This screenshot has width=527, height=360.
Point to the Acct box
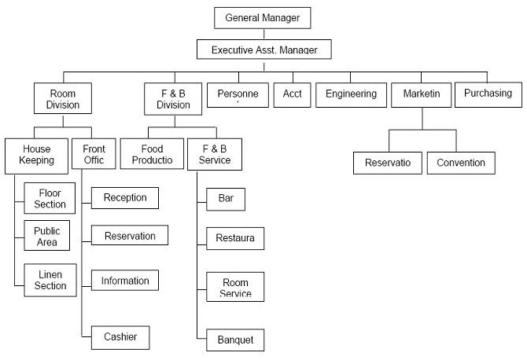pyautogui.click(x=292, y=94)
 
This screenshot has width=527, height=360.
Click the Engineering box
pyautogui.click(x=352, y=94)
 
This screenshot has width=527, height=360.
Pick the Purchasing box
pyautogui.click(x=488, y=94)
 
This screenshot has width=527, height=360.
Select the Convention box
pyautogui.click(x=461, y=163)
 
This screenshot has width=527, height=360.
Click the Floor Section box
pyautogui.click(x=50, y=198)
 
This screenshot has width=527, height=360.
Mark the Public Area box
pyautogui.click(x=46, y=236)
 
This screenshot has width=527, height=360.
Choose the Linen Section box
pyautogui.click(x=50, y=280)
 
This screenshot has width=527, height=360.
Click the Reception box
pyautogui.click(x=125, y=198)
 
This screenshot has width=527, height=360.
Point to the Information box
pyautogui.click(x=125, y=280)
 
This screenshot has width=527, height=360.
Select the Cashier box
pyautogui.click(x=120, y=337)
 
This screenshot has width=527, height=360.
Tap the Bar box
pyautogui.click(x=226, y=198)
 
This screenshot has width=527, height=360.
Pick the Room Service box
pyautogui.click(x=235, y=287)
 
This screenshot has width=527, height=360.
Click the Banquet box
pyautogui.click(x=235, y=340)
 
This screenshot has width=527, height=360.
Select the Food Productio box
pyautogui.click(x=152, y=154)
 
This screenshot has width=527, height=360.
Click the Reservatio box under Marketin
pyautogui.click(x=388, y=163)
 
